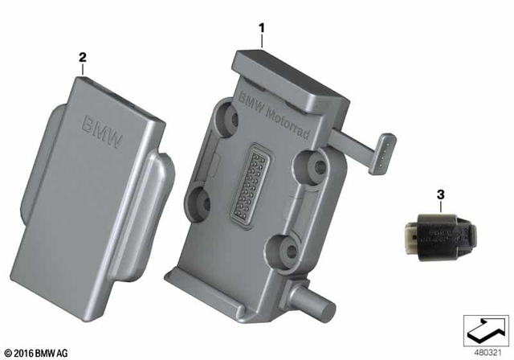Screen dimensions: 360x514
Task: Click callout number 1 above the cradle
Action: [x=261, y=28]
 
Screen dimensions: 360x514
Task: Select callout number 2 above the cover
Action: [x=81, y=57]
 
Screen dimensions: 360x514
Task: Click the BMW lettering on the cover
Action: [x=102, y=133]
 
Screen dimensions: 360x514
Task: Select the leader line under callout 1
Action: [x=261, y=42]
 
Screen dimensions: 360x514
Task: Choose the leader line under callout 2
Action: [x=81, y=69]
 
